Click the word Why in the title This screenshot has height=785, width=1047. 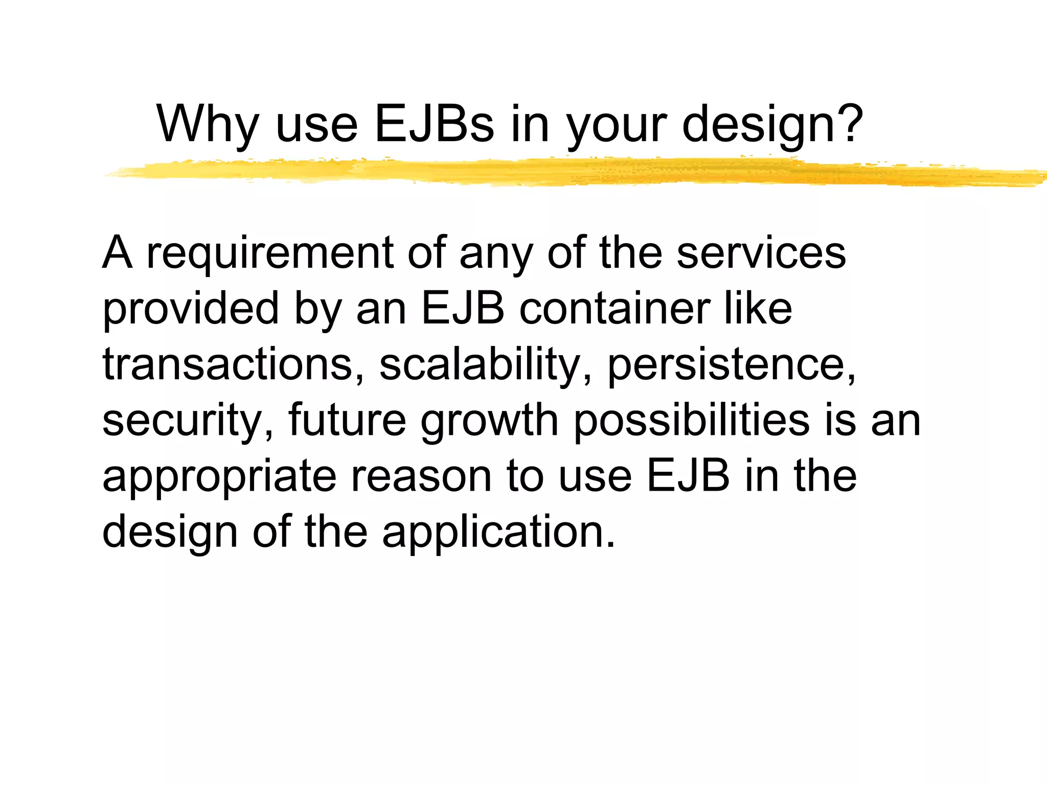click(x=208, y=124)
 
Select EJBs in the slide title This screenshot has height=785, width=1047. click(x=435, y=124)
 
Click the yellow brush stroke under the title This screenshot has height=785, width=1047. click(x=562, y=172)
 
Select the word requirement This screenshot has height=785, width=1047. click(x=270, y=253)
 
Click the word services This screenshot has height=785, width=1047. click(x=761, y=253)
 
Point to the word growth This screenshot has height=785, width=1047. click(x=489, y=422)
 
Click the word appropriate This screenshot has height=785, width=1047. click(x=219, y=477)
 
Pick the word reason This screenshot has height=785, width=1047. click(x=421, y=477)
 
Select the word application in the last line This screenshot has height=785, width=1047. click(x=498, y=533)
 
